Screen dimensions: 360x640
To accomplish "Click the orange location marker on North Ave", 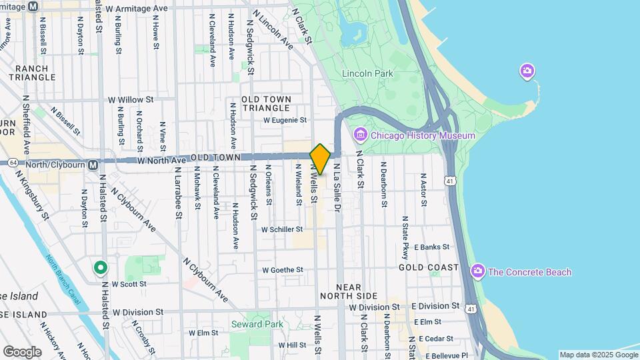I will pyautogui.click(x=320, y=159).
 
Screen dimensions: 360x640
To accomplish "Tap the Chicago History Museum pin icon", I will pyautogui.click(x=361, y=135).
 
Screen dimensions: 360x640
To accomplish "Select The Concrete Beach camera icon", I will pyautogui.click(x=477, y=271).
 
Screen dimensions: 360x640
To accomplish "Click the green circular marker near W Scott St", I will pyautogui.click(x=101, y=268).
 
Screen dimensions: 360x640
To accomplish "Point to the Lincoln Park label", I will pyautogui.click(x=367, y=73).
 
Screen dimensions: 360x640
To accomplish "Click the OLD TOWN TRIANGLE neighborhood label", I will pyautogui.click(x=266, y=103).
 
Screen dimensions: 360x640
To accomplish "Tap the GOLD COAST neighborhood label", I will pyautogui.click(x=429, y=267).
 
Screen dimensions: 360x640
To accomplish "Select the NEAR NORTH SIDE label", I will pyautogui.click(x=349, y=291).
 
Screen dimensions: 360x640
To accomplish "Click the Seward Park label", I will pyautogui.click(x=257, y=324).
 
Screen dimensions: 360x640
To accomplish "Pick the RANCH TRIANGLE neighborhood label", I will pyautogui.click(x=32, y=73).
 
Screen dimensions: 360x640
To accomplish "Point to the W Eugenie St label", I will pyautogui.click(x=285, y=121).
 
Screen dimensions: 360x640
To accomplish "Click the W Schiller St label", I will pyautogui.click(x=283, y=229).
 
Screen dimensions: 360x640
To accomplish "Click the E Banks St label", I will pyautogui.click(x=436, y=247).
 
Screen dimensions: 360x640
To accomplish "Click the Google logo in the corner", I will pyautogui.click(x=22, y=351).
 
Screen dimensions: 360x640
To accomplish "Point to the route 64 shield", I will pyautogui.click(x=13, y=162).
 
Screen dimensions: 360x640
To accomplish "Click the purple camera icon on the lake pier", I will pyautogui.click(x=527, y=71).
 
